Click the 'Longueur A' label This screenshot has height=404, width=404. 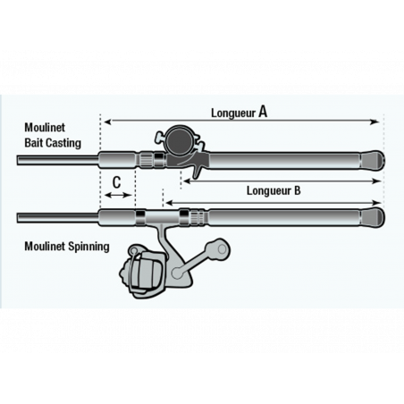click(x=240, y=113)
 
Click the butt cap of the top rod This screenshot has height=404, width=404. click(x=375, y=162)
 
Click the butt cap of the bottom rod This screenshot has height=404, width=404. click(x=375, y=217)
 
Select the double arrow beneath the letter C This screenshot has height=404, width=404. click(x=116, y=194)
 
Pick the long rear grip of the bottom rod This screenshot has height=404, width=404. click(x=286, y=217)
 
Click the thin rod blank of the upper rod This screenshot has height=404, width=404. click(x=54, y=162)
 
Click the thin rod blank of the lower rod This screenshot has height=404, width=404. click(x=54, y=217)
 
